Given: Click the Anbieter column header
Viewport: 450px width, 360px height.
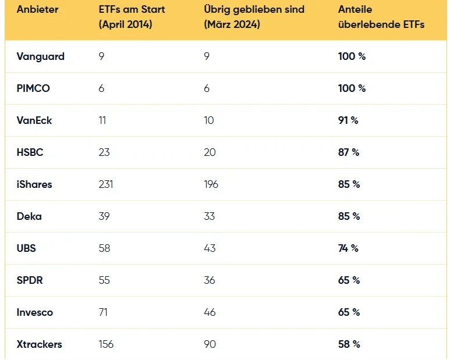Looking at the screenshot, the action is click(x=37, y=9).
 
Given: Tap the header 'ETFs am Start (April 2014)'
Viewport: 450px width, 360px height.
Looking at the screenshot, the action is click(x=132, y=17).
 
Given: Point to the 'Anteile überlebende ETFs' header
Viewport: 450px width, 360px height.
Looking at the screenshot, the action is click(x=381, y=17).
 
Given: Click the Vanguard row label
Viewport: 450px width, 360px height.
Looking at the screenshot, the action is click(x=41, y=57).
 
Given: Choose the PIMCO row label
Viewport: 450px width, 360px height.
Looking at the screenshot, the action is click(x=33, y=88).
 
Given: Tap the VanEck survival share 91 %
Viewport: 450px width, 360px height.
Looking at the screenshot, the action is click(x=348, y=120).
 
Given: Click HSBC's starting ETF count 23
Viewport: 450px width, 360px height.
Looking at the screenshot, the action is click(x=104, y=152).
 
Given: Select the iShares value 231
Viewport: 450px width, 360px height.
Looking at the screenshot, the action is click(x=106, y=184).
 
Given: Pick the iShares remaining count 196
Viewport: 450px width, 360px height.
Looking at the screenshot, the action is click(x=211, y=184).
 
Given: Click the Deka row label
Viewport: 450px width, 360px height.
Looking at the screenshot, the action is click(x=29, y=216).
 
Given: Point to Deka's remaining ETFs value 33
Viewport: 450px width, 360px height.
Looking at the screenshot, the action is click(x=209, y=216).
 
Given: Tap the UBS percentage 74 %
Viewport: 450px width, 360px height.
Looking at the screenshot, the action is click(x=348, y=248).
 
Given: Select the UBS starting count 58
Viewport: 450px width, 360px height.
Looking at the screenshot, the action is click(x=104, y=248).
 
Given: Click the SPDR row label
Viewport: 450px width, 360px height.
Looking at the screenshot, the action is click(x=30, y=280).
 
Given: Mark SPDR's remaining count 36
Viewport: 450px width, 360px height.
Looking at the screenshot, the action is click(x=210, y=280).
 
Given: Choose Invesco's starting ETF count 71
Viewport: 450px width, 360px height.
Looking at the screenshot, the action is click(x=103, y=312).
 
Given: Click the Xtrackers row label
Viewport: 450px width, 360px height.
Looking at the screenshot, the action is click(x=40, y=344).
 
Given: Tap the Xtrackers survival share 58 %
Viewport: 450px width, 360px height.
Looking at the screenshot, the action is click(x=349, y=344).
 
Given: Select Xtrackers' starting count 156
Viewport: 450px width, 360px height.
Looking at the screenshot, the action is click(x=106, y=344).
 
